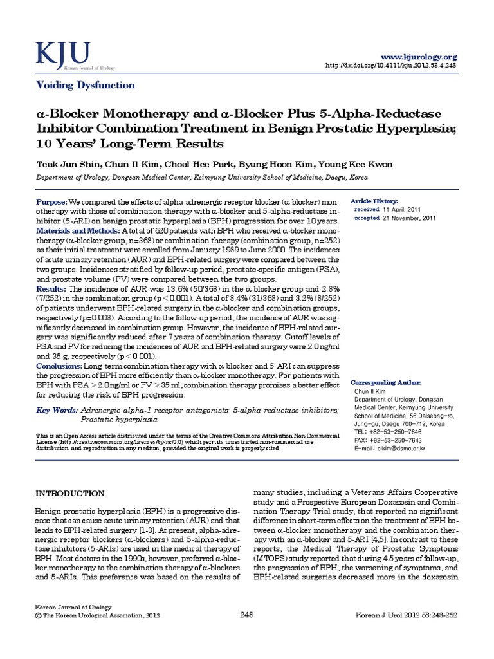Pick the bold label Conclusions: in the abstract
(x=59, y=366)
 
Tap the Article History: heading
(x=374, y=201)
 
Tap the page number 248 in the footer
(x=246, y=633)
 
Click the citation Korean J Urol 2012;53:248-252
(x=407, y=633)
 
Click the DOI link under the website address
(x=392, y=66)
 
